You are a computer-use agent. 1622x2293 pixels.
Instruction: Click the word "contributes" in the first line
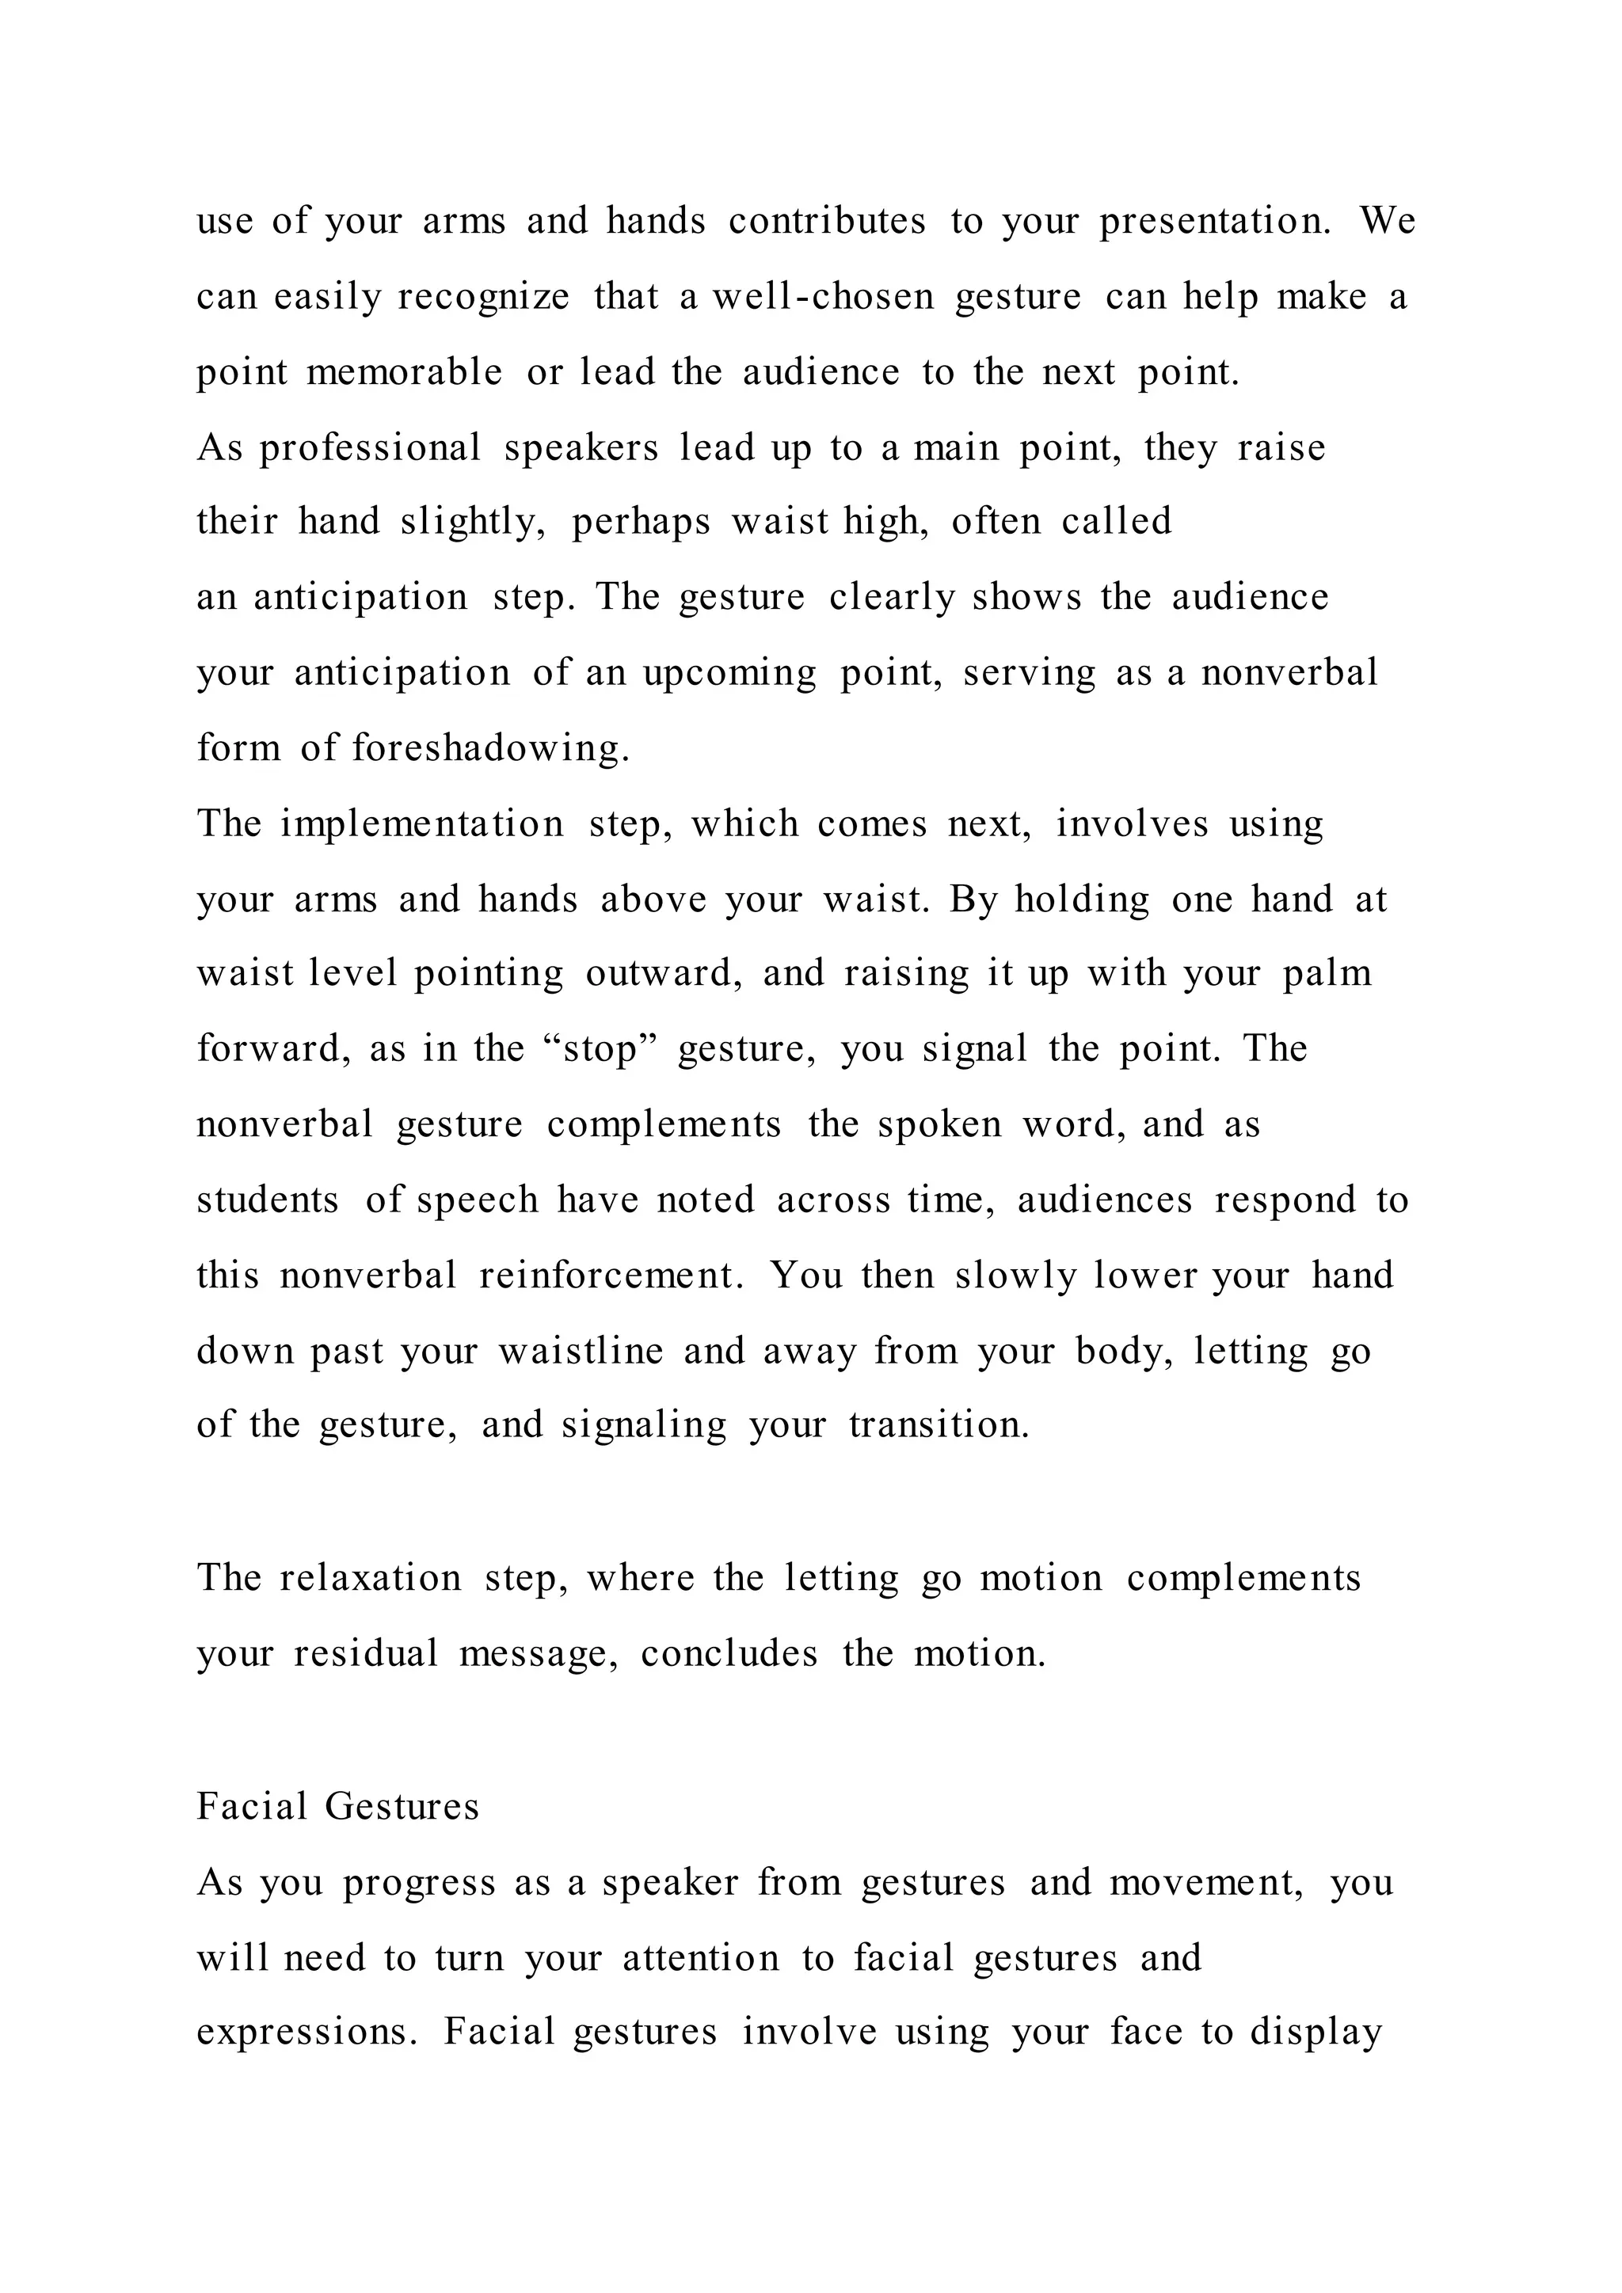tap(827, 221)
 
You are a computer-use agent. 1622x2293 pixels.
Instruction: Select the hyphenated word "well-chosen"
tap(823, 297)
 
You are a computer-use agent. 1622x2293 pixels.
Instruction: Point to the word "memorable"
tap(405, 372)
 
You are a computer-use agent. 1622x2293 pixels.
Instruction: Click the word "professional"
tap(371, 448)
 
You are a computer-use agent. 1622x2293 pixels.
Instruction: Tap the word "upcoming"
tap(729, 673)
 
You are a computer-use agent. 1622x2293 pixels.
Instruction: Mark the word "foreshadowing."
tap(491, 748)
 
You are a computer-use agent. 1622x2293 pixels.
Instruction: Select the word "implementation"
tap(422, 824)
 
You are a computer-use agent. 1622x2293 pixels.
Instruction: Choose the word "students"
tap(268, 1200)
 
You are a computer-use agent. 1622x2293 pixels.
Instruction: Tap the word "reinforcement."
tap(611, 1276)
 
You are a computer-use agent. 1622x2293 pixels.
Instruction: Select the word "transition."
tap(939, 1425)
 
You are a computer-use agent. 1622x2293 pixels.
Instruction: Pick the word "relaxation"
tap(371, 1578)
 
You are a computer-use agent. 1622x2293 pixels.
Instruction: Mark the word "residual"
tap(366, 1654)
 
